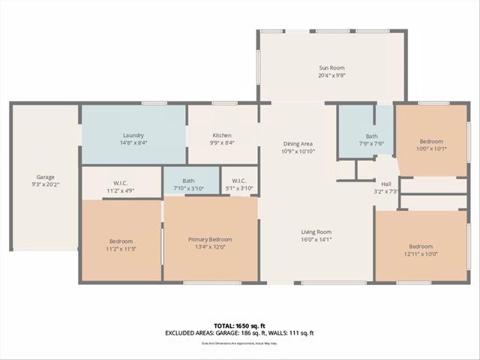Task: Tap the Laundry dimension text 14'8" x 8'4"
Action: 133,142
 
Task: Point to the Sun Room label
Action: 331,67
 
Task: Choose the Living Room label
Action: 315,232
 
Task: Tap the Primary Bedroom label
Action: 210,239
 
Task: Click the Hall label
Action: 386,184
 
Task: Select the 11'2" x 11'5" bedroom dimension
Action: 121,248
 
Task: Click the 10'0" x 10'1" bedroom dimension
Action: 431,148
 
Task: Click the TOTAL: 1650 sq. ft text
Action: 239,325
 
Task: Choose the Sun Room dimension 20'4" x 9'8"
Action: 331,75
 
